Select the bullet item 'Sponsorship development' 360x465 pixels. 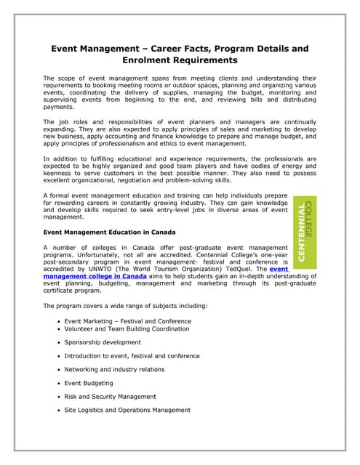103,341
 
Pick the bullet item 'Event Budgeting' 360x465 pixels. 89,383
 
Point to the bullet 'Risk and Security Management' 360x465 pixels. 110,397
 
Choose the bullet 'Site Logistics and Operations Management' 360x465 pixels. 127,410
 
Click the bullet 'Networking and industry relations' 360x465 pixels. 114,369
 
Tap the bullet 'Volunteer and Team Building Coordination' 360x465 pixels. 127,328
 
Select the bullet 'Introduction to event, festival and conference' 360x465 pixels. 132,356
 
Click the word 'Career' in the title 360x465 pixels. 166,49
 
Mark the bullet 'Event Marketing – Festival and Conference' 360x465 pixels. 127,320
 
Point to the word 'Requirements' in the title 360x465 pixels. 204,60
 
